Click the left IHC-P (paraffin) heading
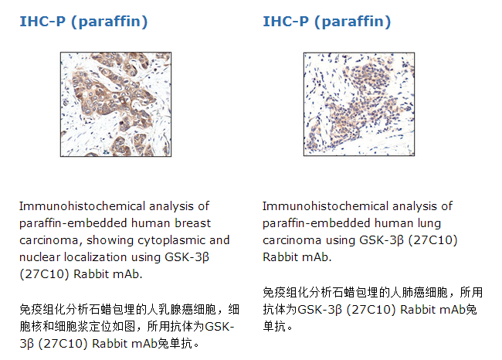point(83,22)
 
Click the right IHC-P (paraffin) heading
point(327,22)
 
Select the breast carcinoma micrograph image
point(116,104)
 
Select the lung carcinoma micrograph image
point(359,104)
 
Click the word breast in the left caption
point(193,223)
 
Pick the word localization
point(96,257)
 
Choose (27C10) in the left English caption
point(45,274)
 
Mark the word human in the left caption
point(151,223)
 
